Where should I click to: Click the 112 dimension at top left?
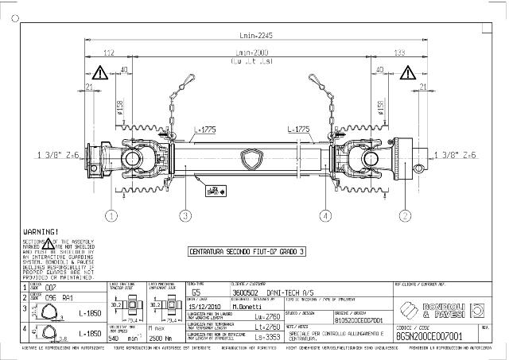[110, 52]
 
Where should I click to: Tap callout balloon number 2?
[405, 215]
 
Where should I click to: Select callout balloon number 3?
[185, 215]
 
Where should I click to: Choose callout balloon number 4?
[325, 215]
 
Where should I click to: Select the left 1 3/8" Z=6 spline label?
[58, 156]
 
